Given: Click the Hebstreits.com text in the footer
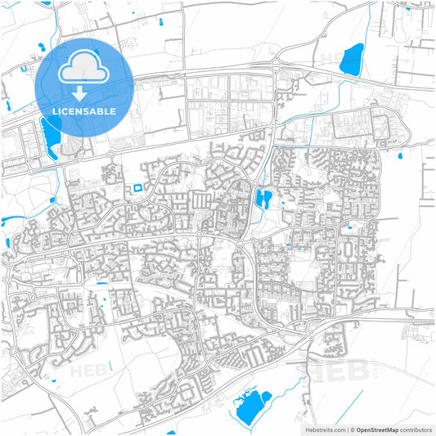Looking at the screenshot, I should point(323,429).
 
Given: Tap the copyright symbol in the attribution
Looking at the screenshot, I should point(352,429).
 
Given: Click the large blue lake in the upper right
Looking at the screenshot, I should point(353,58).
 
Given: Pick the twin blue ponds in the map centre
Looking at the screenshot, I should point(263,198).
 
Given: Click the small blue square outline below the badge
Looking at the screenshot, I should point(137,187).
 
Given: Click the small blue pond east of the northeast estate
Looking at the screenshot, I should point(400,154).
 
